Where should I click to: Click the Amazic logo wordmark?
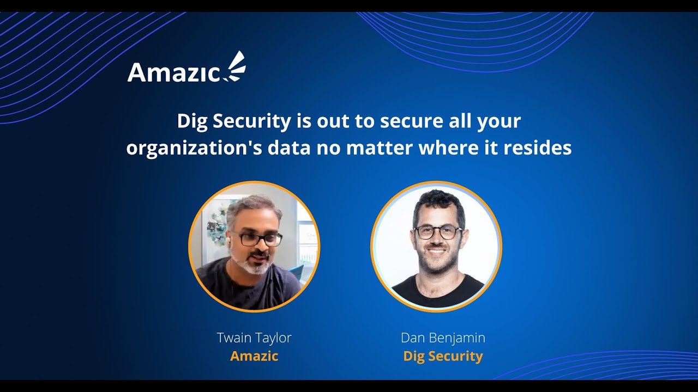pyautogui.click(x=173, y=72)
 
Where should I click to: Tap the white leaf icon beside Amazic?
pyautogui.click(x=235, y=68)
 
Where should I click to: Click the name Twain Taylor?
pyautogui.click(x=254, y=338)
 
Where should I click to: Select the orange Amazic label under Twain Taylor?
pyautogui.click(x=254, y=356)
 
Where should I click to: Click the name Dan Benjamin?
pyautogui.click(x=443, y=338)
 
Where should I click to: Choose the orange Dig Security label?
pyautogui.click(x=443, y=356)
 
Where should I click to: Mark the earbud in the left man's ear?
pyautogui.click(x=232, y=240)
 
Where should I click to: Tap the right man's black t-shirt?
pyautogui.click(x=436, y=291)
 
